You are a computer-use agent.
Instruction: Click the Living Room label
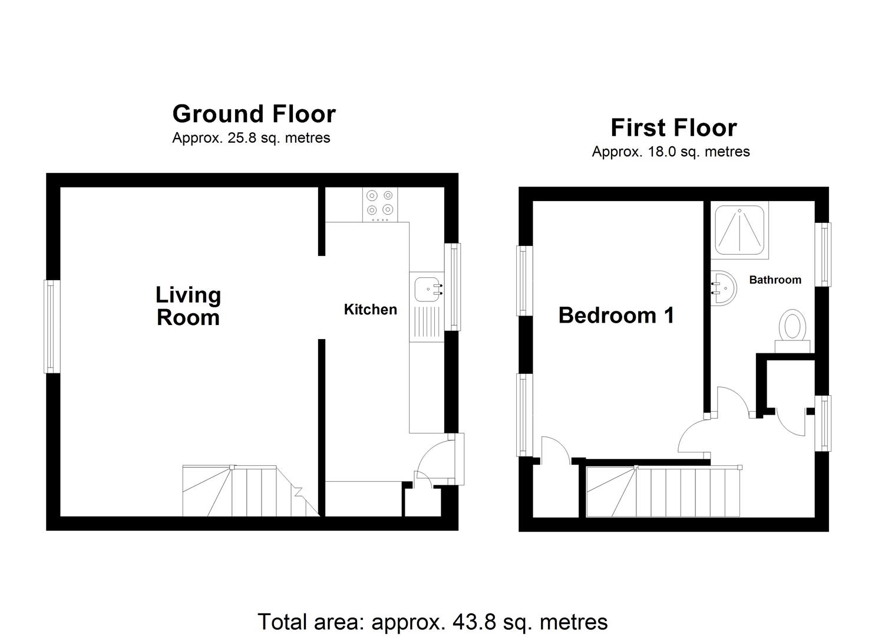(188, 306)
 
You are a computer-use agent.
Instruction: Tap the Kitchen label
(370, 310)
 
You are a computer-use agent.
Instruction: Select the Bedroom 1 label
(616, 316)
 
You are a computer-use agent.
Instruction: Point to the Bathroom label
(775, 280)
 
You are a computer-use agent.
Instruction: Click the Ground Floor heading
(254, 114)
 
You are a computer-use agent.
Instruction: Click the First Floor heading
(673, 128)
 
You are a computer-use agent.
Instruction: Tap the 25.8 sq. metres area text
(251, 138)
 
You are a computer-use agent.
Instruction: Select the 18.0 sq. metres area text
(671, 152)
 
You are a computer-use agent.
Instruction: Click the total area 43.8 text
(432, 622)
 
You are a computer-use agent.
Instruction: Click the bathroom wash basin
(724, 288)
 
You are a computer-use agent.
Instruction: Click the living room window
(52, 326)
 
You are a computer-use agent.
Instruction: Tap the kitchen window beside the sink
(453, 287)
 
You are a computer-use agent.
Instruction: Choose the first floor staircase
(663, 491)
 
